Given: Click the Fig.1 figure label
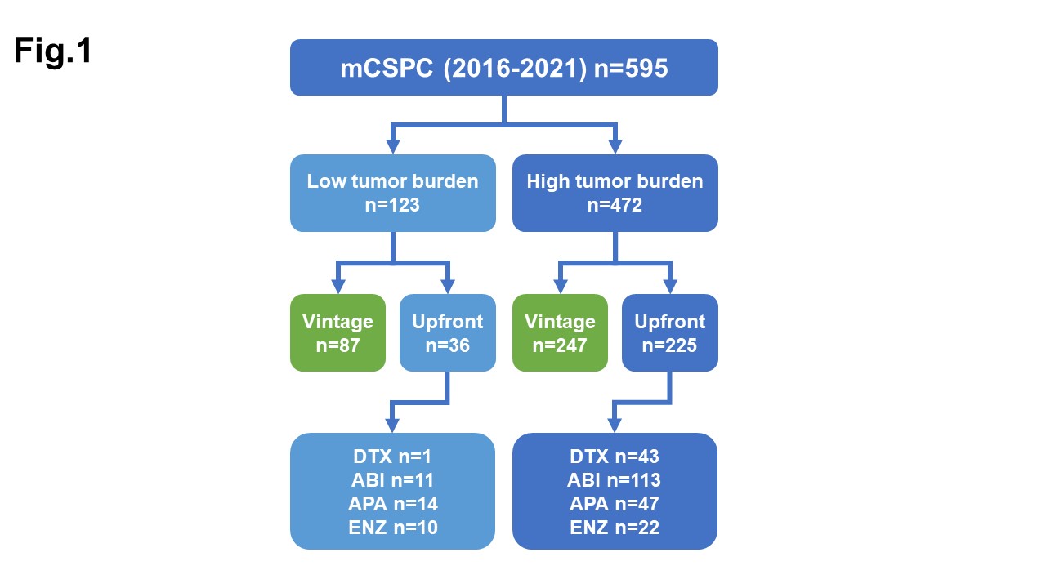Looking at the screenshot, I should [x=53, y=51].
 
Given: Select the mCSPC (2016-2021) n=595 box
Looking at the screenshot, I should [x=504, y=68].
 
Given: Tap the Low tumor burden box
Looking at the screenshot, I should [x=392, y=193].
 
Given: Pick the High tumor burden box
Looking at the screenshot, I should [x=615, y=193].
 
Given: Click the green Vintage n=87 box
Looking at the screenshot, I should [x=337, y=332].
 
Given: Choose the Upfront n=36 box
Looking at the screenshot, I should [x=447, y=332].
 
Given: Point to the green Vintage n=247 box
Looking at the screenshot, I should [x=560, y=332].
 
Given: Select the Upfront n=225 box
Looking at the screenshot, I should [x=669, y=332].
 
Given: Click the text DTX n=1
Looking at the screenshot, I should [x=392, y=457].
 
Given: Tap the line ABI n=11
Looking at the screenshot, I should [x=392, y=480].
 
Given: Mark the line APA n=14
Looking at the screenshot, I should [x=392, y=504].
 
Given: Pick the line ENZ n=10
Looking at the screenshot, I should [x=392, y=528].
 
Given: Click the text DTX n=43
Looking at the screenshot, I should [x=615, y=457].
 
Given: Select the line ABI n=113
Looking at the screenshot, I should [x=615, y=480].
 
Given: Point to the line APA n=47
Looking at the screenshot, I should [x=615, y=504].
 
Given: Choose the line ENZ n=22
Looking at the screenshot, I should [x=615, y=528].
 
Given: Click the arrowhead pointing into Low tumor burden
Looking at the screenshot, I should [x=392, y=146].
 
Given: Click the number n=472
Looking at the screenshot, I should [x=615, y=205].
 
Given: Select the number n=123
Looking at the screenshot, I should [x=392, y=205].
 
